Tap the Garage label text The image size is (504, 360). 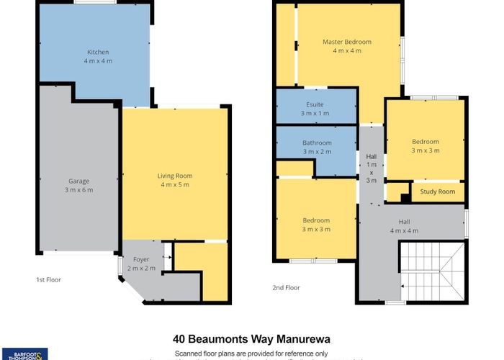(80, 181)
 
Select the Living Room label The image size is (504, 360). (175, 176)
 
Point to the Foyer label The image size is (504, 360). (141, 260)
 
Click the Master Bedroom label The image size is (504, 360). (347, 42)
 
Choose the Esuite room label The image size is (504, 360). (315, 104)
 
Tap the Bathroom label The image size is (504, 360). (317, 143)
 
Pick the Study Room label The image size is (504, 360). (438, 192)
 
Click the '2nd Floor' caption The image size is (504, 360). (286, 287)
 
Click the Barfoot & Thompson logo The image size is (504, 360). (24, 354)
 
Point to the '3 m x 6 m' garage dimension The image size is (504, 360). (80, 190)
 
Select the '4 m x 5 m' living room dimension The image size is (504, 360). (175, 185)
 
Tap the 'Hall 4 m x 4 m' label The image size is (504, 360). (404, 227)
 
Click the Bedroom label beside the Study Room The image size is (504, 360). (425, 142)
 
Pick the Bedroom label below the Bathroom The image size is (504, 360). (316, 220)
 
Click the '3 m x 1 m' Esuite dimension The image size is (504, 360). (315, 114)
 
